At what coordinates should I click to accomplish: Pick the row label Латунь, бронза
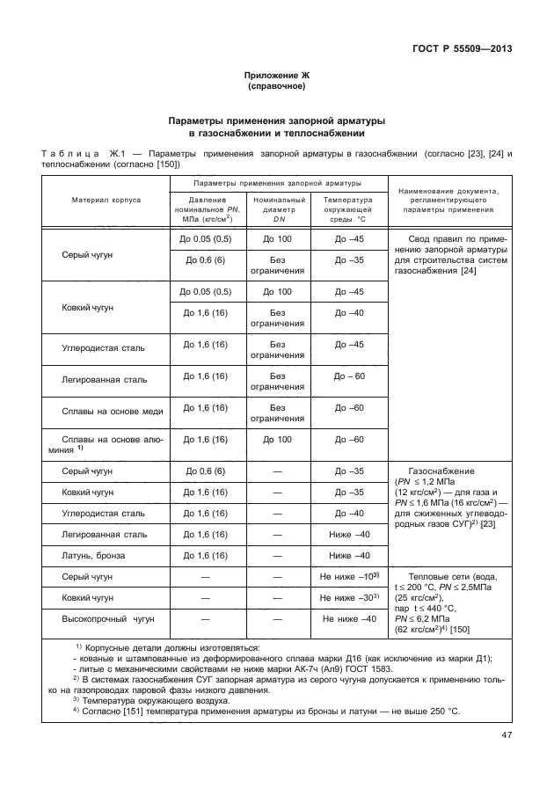pyautogui.click(x=93, y=556)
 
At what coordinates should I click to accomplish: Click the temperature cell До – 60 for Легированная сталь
pyautogui.click(x=349, y=376)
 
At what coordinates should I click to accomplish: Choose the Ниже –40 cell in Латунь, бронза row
pyautogui.click(x=349, y=556)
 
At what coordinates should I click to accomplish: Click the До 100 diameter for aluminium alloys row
pyautogui.click(x=277, y=439)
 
